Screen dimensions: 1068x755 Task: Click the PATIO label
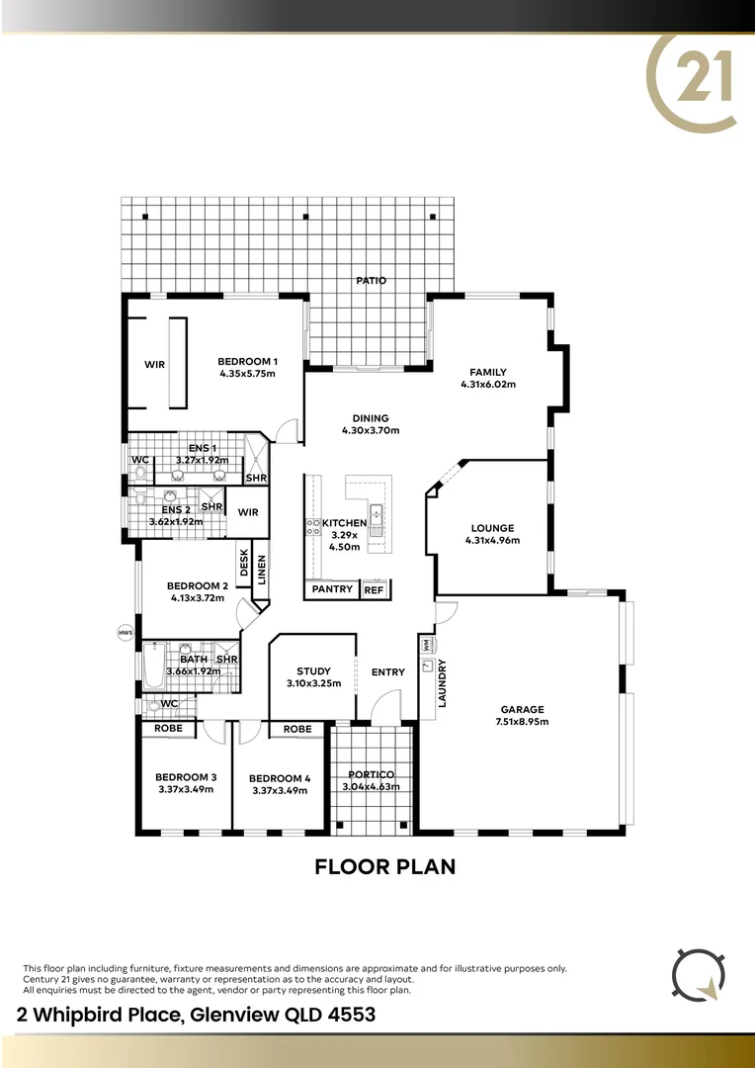point(371,281)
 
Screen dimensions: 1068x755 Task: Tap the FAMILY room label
point(488,372)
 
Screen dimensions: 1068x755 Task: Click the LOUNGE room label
point(492,528)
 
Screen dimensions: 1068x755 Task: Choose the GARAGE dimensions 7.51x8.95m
point(522,722)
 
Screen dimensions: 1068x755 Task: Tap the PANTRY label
point(332,589)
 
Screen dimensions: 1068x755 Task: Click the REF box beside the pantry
point(374,589)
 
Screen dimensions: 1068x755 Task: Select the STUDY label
point(313,671)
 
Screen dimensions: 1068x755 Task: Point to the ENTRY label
point(388,672)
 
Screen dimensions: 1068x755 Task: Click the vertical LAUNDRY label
point(443,682)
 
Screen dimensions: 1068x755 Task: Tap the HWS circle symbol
point(125,633)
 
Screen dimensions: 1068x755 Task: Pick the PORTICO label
point(371,774)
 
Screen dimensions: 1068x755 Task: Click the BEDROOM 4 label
point(280,778)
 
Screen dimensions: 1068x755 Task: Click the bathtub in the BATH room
point(154,668)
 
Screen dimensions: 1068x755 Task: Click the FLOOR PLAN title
point(384,867)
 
